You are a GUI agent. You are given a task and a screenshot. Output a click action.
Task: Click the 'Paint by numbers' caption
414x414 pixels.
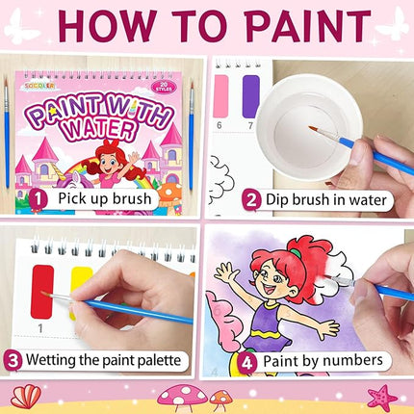tap(314, 362)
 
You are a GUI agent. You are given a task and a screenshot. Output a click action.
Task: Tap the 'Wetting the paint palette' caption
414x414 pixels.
tap(107, 362)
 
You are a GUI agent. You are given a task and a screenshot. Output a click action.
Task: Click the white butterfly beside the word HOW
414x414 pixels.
tap(21, 28)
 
